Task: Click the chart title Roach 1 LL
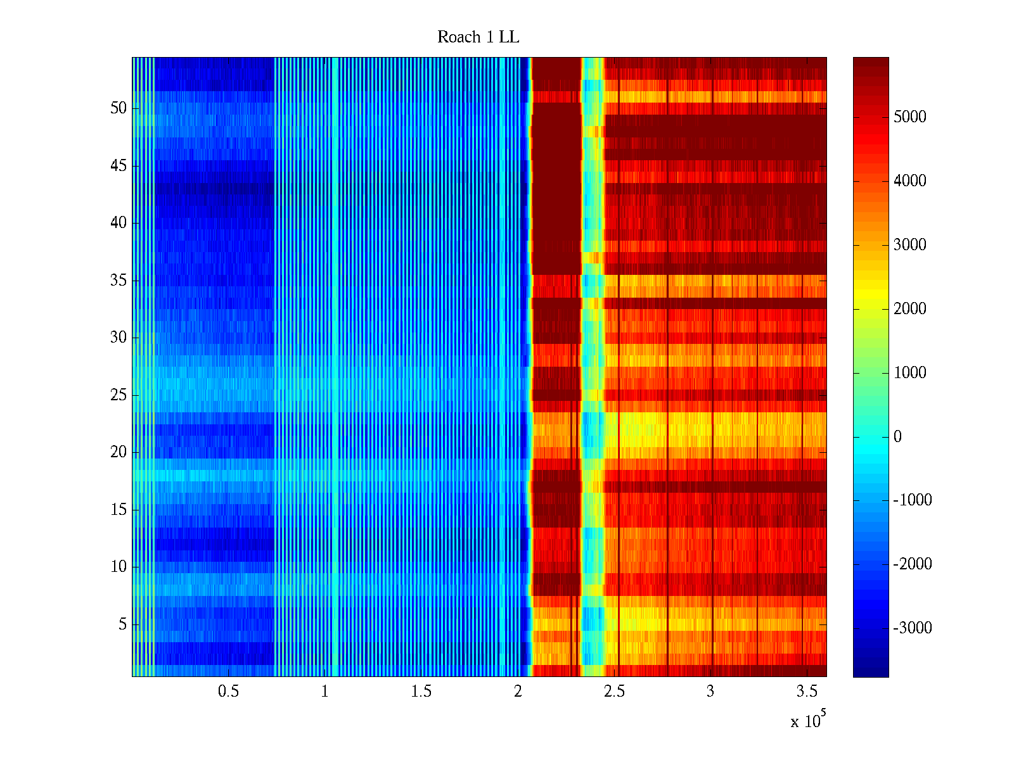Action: point(478,37)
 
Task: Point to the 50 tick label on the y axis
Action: point(119,108)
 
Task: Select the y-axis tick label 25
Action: point(119,395)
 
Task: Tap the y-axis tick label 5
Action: point(122,624)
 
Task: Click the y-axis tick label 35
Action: point(119,281)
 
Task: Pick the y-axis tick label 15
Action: point(119,510)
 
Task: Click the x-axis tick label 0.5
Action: point(228,692)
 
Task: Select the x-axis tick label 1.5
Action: point(421,692)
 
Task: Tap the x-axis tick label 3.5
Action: point(807,692)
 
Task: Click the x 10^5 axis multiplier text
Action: point(808,720)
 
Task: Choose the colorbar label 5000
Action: point(909,117)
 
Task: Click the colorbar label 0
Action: point(897,437)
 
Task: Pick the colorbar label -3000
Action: point(913,628)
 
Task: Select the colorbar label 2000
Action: point(909,309)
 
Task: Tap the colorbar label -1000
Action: point(913,500)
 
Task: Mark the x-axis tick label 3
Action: point(710,692)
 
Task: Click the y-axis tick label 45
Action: point(119,166)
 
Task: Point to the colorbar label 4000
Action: point(909,181)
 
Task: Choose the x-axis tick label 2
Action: point(518,692)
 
